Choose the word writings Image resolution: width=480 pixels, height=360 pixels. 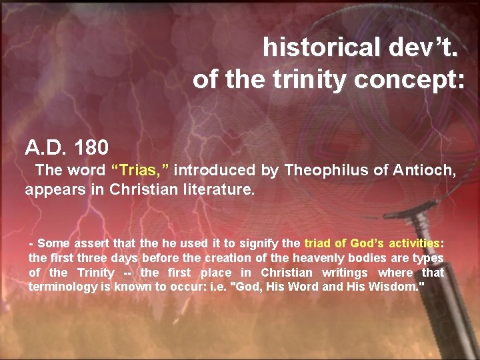[x=345, y=272]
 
